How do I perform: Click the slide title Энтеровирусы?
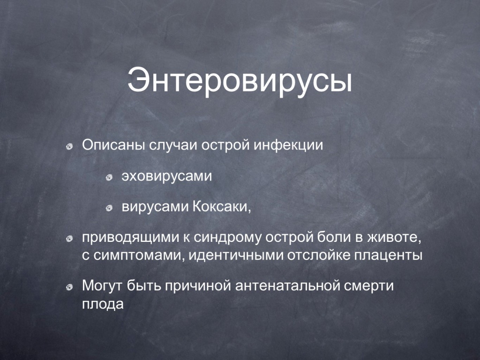tap(240, 82)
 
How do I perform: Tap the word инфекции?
tap(288, 145)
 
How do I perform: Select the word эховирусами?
tap(167, 176)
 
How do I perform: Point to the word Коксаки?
tap(222, 207)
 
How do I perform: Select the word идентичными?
tap(236, 255)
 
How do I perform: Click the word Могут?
tap(103, 285)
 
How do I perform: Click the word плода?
tap(103, 304)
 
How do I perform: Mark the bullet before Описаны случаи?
tap(69, 147)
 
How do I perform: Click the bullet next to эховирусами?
tap(109, 178)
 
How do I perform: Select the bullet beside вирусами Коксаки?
tap(109, 209)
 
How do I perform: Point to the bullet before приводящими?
tap(69, 239)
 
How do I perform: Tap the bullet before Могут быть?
tap(69, 287)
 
